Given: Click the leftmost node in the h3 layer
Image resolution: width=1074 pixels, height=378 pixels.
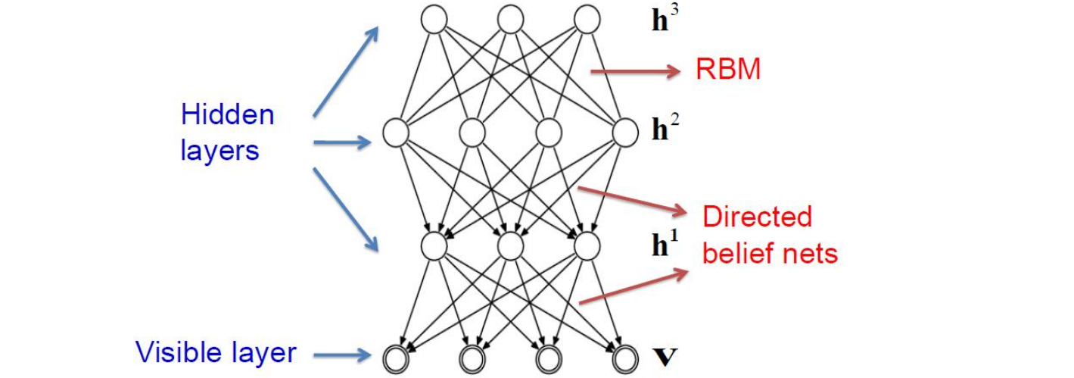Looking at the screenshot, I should (434, 18).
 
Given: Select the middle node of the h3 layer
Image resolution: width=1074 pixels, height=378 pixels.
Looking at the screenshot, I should (510, 18).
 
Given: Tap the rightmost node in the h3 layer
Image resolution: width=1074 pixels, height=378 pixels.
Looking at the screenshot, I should (587, 18).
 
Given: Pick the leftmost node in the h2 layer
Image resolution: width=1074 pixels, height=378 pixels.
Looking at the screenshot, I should (396, 133).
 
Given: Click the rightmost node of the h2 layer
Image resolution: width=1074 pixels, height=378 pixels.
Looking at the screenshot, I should (625, 133).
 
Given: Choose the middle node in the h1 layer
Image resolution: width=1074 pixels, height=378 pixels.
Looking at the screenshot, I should (510, 245).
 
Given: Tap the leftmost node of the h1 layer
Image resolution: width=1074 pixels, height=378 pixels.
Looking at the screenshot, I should (434, 245).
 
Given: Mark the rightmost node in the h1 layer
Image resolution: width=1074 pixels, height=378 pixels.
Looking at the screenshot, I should (587, 245).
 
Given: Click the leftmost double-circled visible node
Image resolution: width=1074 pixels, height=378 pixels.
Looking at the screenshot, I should (396, 356).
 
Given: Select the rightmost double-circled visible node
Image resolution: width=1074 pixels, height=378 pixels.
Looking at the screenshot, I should (625, 356).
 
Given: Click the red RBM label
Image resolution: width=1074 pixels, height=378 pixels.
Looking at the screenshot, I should (727, 70).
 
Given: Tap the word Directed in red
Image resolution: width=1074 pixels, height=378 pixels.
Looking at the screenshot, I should (757, 218).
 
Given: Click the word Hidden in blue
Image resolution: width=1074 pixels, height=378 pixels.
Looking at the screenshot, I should (227, 115).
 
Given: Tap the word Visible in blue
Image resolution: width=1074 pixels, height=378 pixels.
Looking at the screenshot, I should (179, 352).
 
